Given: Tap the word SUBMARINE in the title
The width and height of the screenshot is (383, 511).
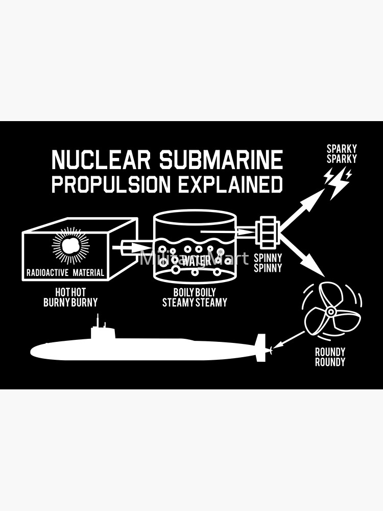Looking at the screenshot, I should tap(221, 160).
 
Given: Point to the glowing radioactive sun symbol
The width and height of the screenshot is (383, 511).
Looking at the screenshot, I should tap(70, 245).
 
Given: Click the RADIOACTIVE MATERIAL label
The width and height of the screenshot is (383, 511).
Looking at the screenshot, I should tap(65, 273).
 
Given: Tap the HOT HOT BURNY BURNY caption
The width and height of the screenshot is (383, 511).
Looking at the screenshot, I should tap(70, 297).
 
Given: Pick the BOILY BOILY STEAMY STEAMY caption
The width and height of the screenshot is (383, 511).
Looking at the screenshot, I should tap(195, 297).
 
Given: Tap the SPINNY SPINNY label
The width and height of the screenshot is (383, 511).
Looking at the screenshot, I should tap(268, 263).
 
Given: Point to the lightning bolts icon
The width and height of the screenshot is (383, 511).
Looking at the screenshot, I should tap(338, 181).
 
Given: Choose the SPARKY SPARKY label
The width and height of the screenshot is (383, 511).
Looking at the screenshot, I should tap(342, 154).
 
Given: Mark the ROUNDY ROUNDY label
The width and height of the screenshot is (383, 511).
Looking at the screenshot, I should tap(330, 357).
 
